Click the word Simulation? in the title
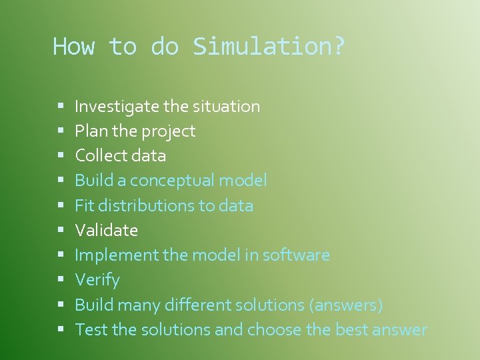pos(269,47)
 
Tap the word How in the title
pos(74,47)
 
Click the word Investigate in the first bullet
pos(117,106)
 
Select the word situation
pos(226,106)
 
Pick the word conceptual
pos(175,181)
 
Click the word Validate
pos(107,231)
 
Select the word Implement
pos(114,255)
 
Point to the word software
pos(297,255)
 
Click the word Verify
pos(97,280)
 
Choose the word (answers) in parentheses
pos(345,305)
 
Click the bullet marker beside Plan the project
pos(60,131)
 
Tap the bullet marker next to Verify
pos(60,281)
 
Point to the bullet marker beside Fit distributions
pos(60,206)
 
